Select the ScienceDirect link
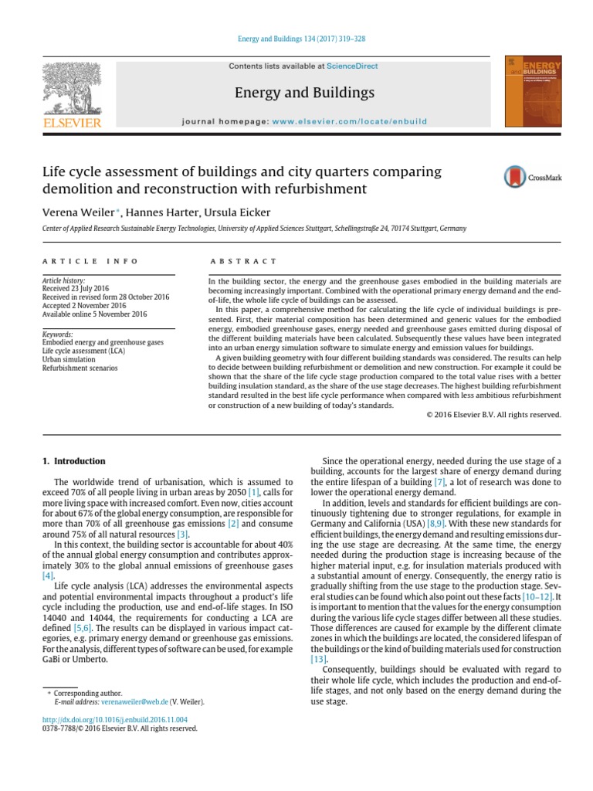(x=352, y=66)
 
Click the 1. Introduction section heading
(x=73, y=461)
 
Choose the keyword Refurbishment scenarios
(x=80, y=368)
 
